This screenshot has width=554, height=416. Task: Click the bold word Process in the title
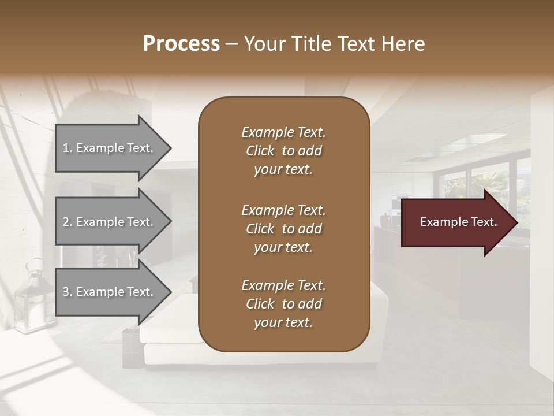click(x=181, y=44)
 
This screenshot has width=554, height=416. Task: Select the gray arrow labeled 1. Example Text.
click(x=110, y=148)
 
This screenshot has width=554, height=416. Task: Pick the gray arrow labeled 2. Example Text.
click(x=110, y=222)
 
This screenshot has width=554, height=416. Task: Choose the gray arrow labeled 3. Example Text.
click(x=110, y=292)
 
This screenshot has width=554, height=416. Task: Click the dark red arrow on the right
click(x=456, y=222)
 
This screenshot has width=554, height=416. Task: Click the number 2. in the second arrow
click(x=68, y=222)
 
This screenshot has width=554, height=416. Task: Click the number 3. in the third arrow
click(x=68, y=292)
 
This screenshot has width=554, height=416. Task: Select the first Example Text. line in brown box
click(x=283, y=132)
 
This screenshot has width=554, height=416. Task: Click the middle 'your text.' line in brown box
click(x=283, y=247)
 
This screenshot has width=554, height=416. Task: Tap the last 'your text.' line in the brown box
click(x=283, y=323)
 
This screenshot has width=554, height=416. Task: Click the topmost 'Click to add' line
click(x=283, y=151)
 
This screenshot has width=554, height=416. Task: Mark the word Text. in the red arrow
click(x=481, y=222)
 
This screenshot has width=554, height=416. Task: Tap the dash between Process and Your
click(x=232, y=44)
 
